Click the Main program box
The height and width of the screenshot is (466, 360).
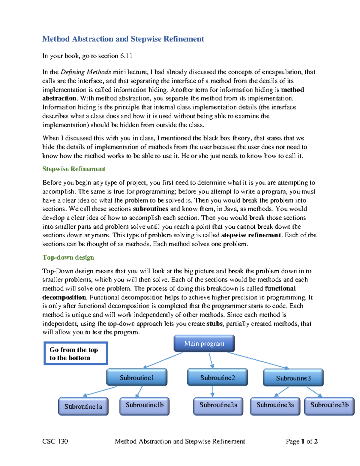204,344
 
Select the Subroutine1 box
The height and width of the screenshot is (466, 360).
137,377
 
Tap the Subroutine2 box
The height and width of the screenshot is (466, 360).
217,377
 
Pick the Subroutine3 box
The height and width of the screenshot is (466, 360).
293,378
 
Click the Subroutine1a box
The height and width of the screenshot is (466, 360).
83,407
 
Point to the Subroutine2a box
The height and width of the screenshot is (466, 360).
218,406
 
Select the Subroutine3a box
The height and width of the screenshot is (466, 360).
275,406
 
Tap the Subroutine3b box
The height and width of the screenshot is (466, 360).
329,406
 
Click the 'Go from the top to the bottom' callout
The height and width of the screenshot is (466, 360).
76,353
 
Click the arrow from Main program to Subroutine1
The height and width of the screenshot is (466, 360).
163,360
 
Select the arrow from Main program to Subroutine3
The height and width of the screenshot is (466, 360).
258,360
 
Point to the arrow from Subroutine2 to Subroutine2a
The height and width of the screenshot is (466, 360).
212,391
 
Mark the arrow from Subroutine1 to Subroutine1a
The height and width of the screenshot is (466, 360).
100,391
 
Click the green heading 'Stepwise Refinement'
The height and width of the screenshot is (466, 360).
73,169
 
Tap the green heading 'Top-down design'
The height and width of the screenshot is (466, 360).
68,257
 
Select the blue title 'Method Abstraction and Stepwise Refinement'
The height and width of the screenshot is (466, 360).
123,39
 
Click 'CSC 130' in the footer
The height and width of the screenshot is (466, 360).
55,441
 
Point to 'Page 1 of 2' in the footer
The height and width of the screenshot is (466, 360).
301,441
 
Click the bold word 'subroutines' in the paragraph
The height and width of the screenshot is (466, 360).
150,209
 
